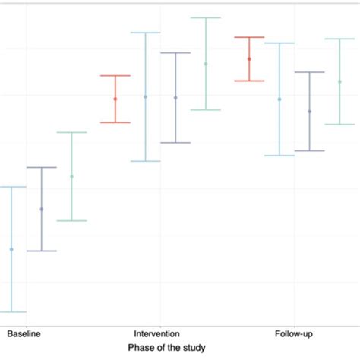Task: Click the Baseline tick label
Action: pyautogui.click(x=24, y=333)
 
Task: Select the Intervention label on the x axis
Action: pyautogui.click(x=156, y=333)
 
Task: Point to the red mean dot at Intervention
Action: pyautogui.click(x=115, y=99)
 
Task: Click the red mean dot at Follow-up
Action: pyautogui.click(x=249, y=59)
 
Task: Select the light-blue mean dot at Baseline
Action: pyautogui.click(x=11, y=249)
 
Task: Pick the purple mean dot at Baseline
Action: pyautogui.click(x=42, y=209)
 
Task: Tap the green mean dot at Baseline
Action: pyautogui.click(x=71, y=177)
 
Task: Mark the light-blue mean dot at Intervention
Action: pyautogui.click(x=145, y=97)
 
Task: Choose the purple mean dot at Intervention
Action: pyautogui.click(x=175, y=98)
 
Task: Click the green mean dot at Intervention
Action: pyautogui.click(x=205, y=64)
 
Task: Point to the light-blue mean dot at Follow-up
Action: pyautogui.click(x=279, y=99)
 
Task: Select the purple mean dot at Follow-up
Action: pyautogui.click(x=309, y=112)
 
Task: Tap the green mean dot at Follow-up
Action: pyautogui.click(x=339, y=81)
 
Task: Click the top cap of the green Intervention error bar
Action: pyautogui.click(x=205, y=17)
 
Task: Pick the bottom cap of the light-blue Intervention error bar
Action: pyautogui.click(x=145, y=161)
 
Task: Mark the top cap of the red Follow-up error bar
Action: pyautogui.click(x=249, y=37)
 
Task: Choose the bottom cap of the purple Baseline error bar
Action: pyautogui.click(x=42, y=251)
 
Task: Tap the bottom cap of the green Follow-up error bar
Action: pyautogui.click(x=339, y=124)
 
